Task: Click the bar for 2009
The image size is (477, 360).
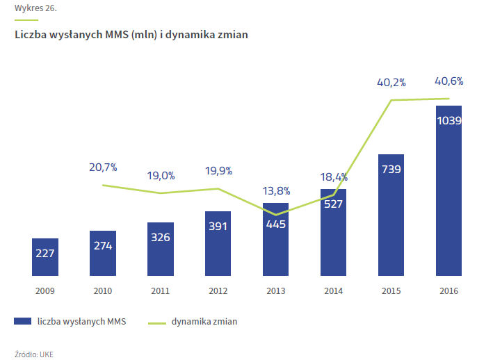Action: coord(45,256)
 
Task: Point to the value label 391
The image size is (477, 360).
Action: coord(218,226)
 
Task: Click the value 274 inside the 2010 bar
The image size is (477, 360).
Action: coord(103,245)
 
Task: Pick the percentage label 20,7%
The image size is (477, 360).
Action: coord(103,167)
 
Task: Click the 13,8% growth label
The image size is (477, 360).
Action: coord(276,190)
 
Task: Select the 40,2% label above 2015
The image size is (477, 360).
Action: coord(391,82)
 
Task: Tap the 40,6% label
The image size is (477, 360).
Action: coord(449,81)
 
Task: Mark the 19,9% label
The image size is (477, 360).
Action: coord(218,171)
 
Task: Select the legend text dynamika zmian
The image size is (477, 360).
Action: coord(205,321)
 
